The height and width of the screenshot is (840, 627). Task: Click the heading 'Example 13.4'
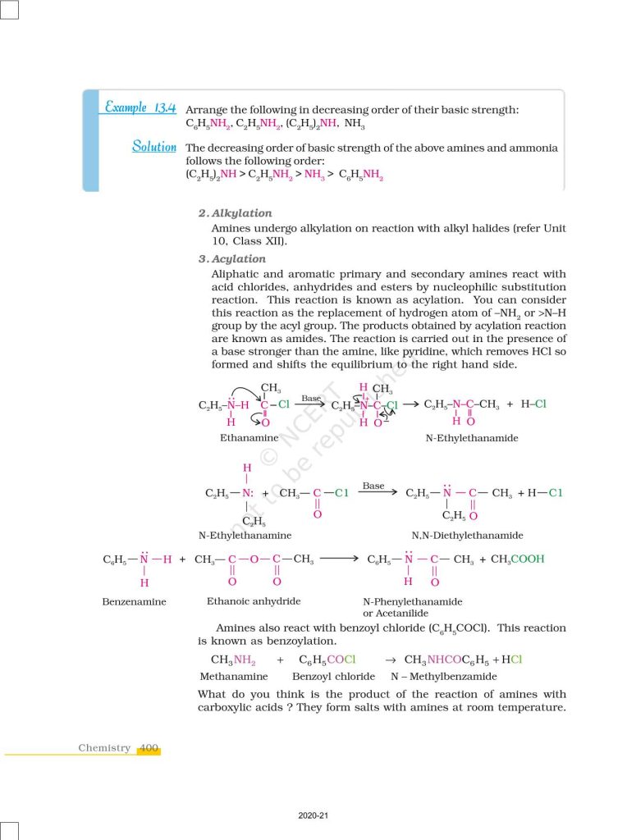140,107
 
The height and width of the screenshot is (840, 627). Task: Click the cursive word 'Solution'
154,147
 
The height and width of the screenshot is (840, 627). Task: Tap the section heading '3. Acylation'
232,259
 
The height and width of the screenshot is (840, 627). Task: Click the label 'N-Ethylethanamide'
472,438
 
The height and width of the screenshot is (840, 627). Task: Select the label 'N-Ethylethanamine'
245,535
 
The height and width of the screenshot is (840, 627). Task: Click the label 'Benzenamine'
134,601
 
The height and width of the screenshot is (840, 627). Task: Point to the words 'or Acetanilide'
396,613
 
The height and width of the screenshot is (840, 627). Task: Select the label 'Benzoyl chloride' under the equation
333,677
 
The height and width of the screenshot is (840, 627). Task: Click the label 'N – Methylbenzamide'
443,677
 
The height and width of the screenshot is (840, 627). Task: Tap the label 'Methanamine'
234,677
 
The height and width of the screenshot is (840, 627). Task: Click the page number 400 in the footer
149,748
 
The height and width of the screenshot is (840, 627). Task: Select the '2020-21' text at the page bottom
313,815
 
